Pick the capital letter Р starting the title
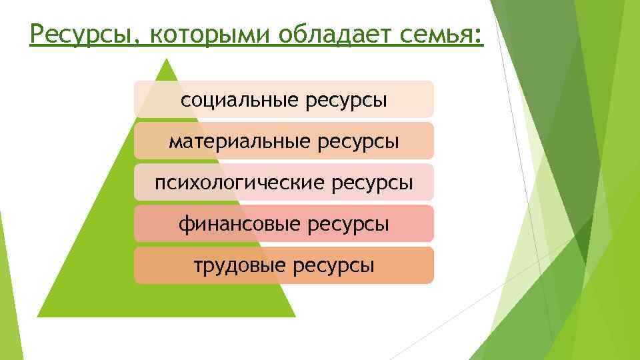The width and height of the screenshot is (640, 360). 37,33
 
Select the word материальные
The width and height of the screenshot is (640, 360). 232,141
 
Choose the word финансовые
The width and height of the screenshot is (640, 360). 240,224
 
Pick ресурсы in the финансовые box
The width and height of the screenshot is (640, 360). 348,224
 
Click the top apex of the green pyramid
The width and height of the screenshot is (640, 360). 167,59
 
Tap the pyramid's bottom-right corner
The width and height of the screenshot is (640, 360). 295,316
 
